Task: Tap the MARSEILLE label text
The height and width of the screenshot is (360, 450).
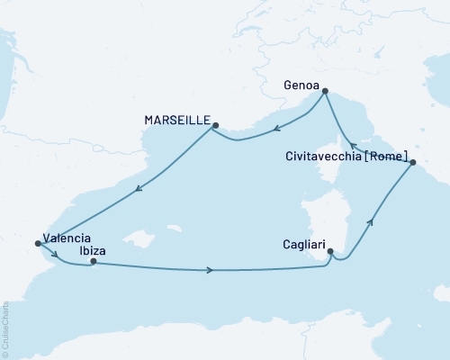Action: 176,120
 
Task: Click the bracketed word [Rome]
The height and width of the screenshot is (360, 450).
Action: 387,155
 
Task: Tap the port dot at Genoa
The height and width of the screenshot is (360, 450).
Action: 326,91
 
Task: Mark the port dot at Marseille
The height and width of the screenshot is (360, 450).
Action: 215,126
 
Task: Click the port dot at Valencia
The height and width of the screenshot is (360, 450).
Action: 37,242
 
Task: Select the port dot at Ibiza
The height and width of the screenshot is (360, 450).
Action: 94,261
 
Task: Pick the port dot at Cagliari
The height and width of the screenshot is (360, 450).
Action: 330,252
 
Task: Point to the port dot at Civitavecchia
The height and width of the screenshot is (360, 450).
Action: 412,163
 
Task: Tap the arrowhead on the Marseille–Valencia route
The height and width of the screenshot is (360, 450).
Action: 138,189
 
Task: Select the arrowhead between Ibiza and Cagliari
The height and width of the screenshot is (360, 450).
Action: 211,269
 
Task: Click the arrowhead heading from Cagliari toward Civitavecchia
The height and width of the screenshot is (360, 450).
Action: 370,221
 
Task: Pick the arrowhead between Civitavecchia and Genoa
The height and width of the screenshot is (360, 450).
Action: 354,145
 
